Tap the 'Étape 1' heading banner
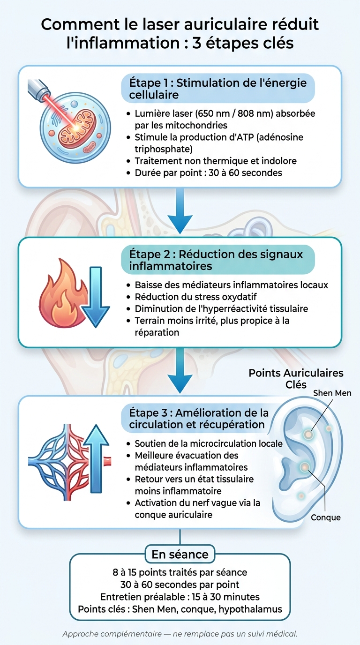218,89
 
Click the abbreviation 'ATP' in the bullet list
244,137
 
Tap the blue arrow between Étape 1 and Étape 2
180,211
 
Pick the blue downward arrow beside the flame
96,297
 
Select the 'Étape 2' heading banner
218,260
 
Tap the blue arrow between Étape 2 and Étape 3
180,371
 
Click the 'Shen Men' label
332,393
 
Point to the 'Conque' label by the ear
326,517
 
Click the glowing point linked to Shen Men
308,434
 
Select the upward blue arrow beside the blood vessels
96,458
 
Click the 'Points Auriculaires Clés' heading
296,379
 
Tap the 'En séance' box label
180,554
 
